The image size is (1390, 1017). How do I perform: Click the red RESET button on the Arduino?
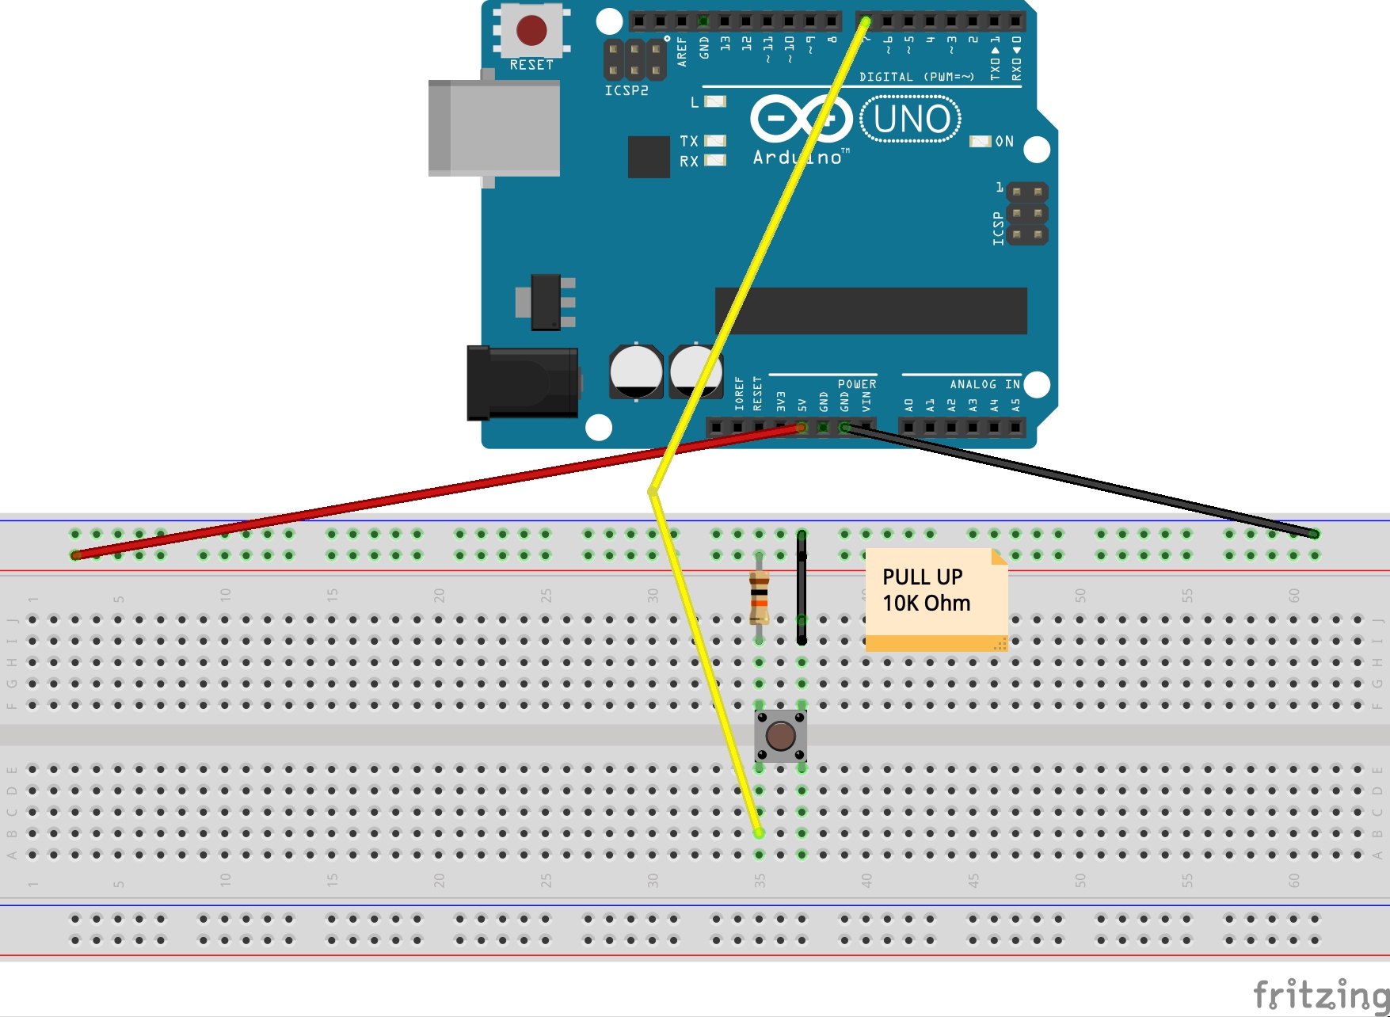point(531,31)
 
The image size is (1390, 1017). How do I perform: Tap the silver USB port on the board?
point(494,128)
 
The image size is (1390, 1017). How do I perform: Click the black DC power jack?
point(522,383)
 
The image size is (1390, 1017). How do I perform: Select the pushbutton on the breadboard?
point(780,736)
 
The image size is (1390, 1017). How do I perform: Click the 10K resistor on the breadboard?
point(759,596)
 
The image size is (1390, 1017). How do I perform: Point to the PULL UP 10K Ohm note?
point(935,599)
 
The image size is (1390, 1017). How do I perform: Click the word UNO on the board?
point(911,119)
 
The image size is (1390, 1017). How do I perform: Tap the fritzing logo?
point(1320,994)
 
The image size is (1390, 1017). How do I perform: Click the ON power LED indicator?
point(981,141)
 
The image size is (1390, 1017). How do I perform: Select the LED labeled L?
point(715,101)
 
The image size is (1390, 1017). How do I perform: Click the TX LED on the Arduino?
point(715,140)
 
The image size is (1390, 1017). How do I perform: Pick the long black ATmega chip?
point(871,310)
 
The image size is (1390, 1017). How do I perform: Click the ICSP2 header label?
point(626,90)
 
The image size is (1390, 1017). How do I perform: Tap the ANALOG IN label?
point(984,384)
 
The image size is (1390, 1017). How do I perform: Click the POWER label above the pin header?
point(857,384)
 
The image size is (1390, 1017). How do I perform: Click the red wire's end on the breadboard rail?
point(76,555)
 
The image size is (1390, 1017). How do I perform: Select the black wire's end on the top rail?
point(1314,534)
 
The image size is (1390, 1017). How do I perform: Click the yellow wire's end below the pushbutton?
point(759,832)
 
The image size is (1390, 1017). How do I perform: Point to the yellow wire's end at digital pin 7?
point(866,21)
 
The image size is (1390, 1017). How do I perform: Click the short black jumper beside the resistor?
point(802,586)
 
